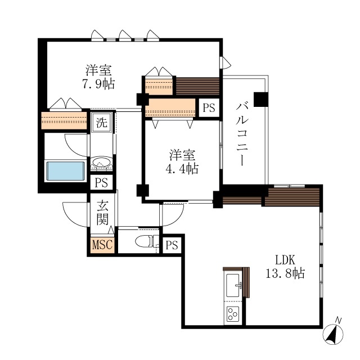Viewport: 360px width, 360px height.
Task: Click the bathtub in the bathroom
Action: click(66, 171)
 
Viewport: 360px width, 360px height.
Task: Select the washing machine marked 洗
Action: click(102, 123)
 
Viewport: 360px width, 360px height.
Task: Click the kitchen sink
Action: click(233, 285)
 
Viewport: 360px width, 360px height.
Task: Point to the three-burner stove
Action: click(233, 314)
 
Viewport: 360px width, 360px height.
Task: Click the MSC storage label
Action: click(102, 244)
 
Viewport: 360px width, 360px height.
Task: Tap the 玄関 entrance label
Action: click(102, 212)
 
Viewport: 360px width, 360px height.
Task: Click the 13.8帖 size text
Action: click(285, 273)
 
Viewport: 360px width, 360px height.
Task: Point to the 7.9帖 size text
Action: click(99, 84)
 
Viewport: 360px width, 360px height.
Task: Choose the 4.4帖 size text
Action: click(182, 169)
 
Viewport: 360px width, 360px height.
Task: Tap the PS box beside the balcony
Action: click(209, 107)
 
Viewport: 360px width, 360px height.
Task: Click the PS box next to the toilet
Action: click(172, 245)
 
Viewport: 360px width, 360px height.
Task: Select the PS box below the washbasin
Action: click(101, 183)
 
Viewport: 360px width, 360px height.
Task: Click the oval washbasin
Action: click(101, 161)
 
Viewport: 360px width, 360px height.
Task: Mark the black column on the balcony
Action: click(261, 99)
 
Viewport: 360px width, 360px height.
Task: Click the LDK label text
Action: click(285, 260)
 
